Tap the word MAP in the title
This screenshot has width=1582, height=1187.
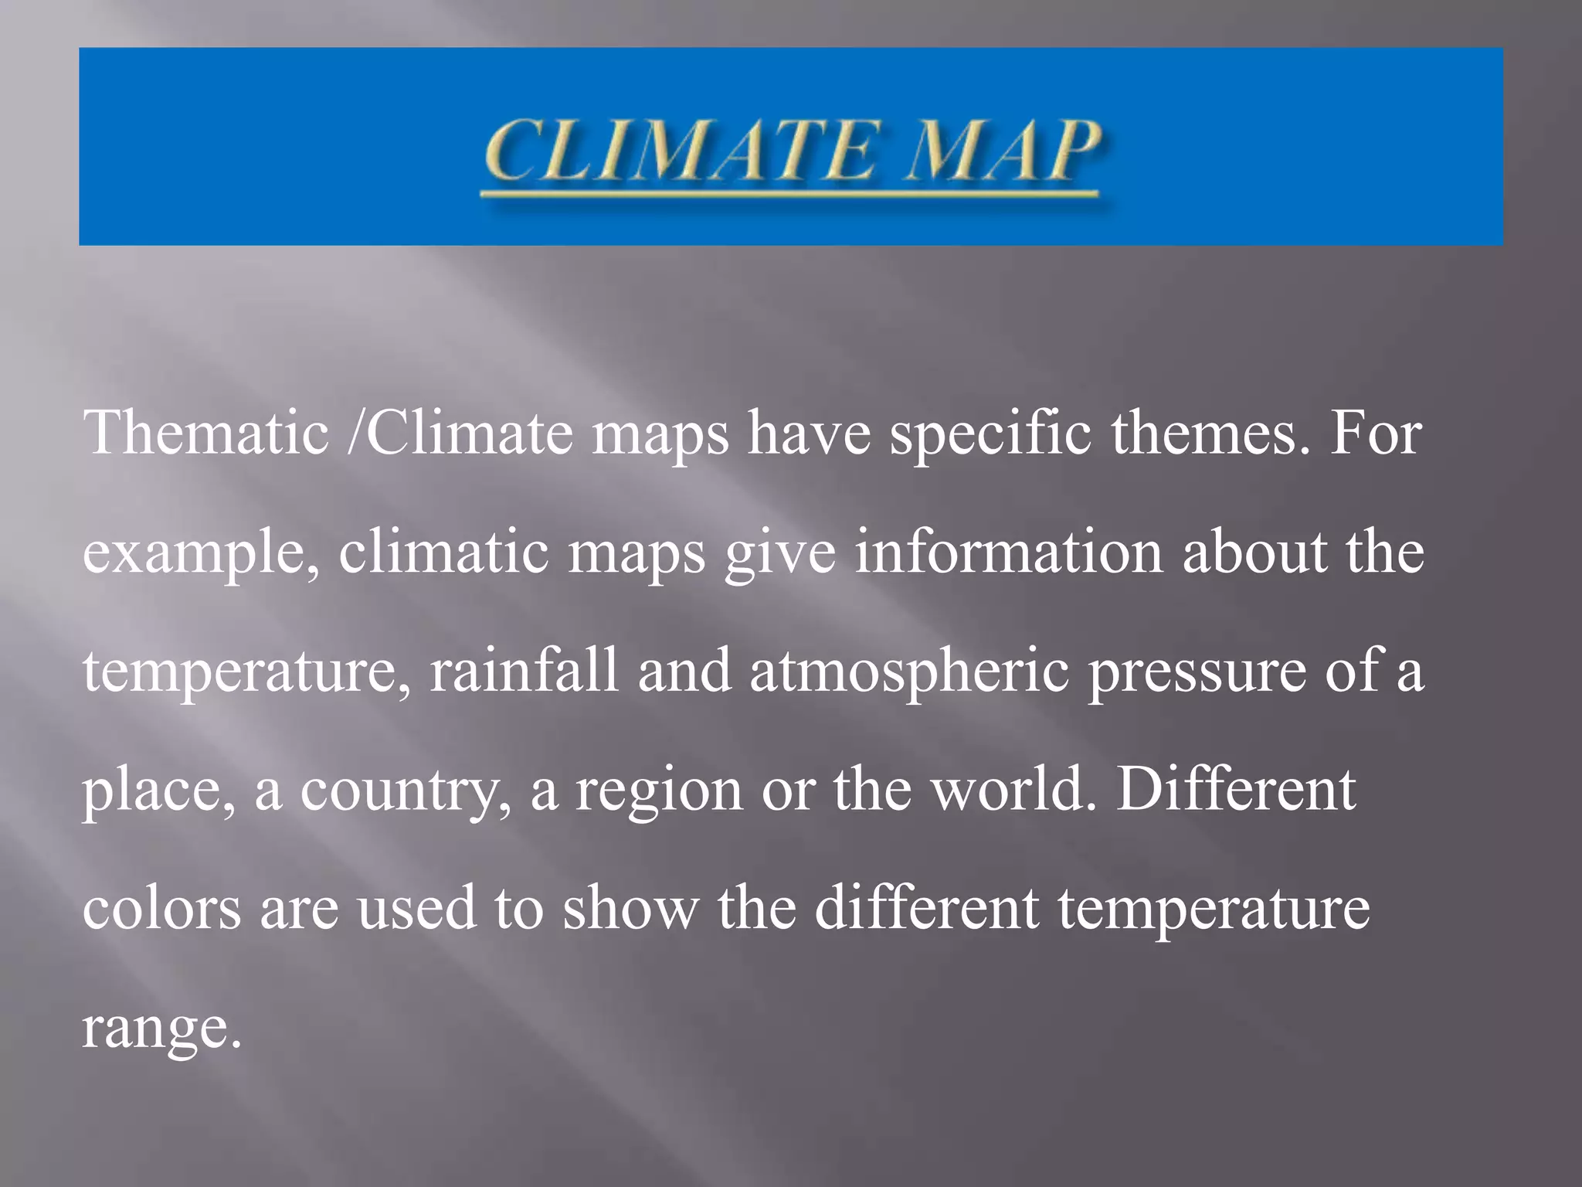click(x=1004, y=150)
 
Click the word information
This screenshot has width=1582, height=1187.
click(x=1008, y=552)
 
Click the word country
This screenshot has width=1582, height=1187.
click(x=406, y=791)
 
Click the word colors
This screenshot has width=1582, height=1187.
click(x=161, y=908)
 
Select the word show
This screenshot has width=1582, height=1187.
click(x=630, y=908)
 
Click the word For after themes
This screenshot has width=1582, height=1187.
click(x=1375, y=433)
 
